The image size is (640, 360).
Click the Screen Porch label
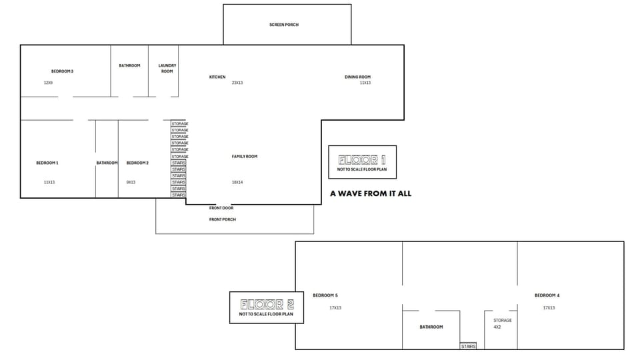click(284, 25)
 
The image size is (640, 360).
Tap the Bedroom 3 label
click(62, 71)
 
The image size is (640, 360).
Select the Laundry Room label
click(167, 68)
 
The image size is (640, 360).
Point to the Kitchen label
click(217, 77)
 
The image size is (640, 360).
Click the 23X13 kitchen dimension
click(237, 83)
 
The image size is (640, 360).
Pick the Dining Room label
click(357, 77)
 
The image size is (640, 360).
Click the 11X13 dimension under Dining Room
click(365, 83)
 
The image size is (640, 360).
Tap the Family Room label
click(245, 157)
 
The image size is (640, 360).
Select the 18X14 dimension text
click(237, 182)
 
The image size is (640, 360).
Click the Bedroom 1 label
click(47, 163)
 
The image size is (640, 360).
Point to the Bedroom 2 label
click(137, 163)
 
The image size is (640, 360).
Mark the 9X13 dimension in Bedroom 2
click(131, 182)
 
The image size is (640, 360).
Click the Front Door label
click(221, 208)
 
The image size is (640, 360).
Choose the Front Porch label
click(223, 219)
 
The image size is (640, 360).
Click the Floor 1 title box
click(363, 162)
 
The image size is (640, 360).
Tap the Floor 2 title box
click(267, 307)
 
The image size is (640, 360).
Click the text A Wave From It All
click(371, 193)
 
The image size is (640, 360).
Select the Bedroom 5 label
click(325, 295)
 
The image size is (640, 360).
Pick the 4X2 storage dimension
click(497, 327)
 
